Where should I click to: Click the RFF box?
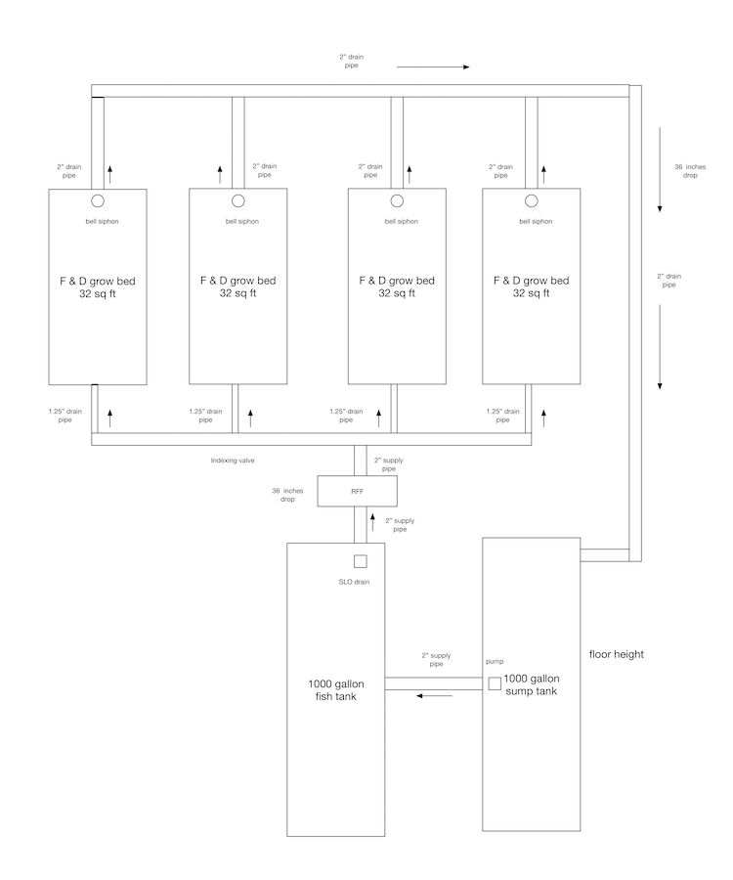[x=358, y=491]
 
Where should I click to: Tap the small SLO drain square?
[x=360, y=561]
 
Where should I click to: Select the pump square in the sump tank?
[x=495, y=683]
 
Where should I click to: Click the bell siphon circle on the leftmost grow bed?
[x=98, y=200]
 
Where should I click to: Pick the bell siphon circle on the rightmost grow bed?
[x=532, y=200]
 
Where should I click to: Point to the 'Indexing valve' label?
[x=235, y=459]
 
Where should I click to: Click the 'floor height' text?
[x=617, y=654]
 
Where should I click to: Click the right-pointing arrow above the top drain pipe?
[x=433, y=67]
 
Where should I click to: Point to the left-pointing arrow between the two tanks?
[x=434, y=696]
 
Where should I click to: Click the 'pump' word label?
[x=495, y=661]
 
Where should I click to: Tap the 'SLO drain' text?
[x=353, y=583]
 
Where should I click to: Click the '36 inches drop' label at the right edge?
[x=684, y=172]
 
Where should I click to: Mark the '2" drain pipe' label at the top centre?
[x=354, y=62]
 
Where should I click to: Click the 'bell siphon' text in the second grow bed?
[x=242, y=222]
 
